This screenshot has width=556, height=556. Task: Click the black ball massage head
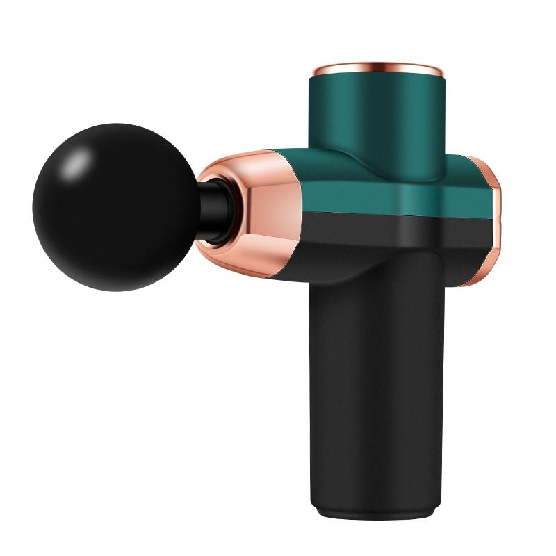pos(115,208)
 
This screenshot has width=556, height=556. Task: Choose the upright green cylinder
pos(375,118)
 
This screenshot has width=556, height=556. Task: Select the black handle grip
pos(375,389)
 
